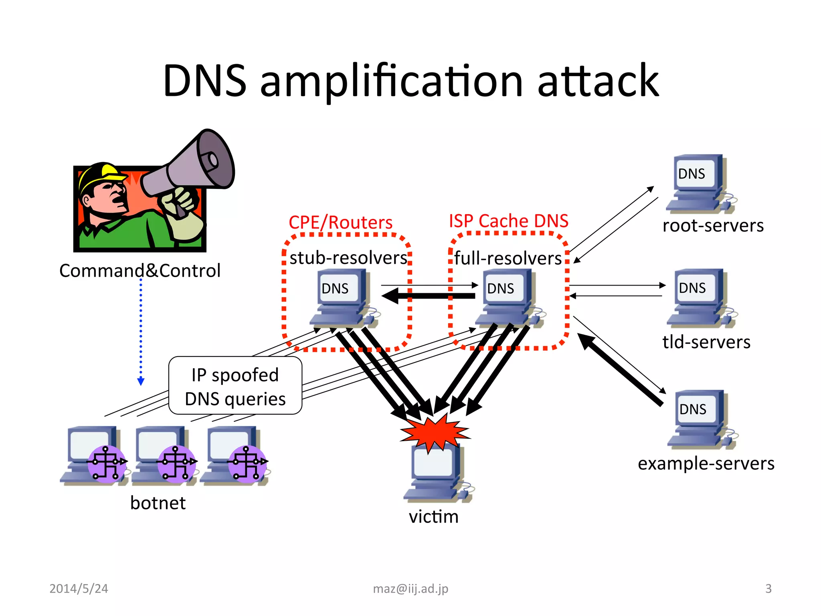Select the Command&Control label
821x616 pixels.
140,271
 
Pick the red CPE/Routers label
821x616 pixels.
340,222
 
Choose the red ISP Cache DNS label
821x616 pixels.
508,221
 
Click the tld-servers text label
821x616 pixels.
706,342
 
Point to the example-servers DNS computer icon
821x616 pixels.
700,419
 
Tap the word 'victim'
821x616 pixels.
433,517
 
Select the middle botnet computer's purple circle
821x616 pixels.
176,463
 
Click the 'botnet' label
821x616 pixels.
158,503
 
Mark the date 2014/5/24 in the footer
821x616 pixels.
79,588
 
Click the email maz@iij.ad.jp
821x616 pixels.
410,588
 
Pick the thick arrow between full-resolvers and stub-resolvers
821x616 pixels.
429,296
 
